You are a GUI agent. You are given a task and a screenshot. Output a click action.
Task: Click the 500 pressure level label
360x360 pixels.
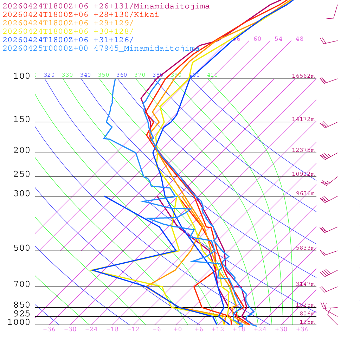(22, 248)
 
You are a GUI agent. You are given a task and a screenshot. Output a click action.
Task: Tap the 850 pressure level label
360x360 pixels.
(22, 305)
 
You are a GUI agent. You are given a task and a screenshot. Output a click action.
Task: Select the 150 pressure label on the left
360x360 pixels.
(22, 120)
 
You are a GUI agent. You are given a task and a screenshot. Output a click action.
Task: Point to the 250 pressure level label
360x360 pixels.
(22, 174)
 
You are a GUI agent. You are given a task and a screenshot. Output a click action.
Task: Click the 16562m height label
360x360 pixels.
(303, 76)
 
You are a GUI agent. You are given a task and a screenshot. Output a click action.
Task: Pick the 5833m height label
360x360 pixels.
(305, 248)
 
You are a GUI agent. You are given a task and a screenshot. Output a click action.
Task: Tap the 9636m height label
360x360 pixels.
(305, 193)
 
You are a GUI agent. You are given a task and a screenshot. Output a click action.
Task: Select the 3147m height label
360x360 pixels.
(305, 284)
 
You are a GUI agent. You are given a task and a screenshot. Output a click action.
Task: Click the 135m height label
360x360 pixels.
(307, 322)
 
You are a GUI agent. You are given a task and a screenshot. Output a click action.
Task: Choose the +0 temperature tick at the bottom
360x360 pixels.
(178, 329)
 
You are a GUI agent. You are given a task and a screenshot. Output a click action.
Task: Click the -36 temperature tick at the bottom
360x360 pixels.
(49, 329)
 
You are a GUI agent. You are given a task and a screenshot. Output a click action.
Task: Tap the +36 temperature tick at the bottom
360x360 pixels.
(302, 329)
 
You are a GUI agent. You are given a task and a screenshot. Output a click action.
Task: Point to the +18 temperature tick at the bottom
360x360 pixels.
(239, 329)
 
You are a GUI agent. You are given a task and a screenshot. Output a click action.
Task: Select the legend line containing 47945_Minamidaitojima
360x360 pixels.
(101, 49)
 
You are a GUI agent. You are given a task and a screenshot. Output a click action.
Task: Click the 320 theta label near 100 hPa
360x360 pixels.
(49, 75)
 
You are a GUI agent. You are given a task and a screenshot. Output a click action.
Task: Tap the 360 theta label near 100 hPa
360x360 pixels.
(122, 75)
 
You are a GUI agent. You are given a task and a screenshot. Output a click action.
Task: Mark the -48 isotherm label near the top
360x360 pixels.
(297, 39)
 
